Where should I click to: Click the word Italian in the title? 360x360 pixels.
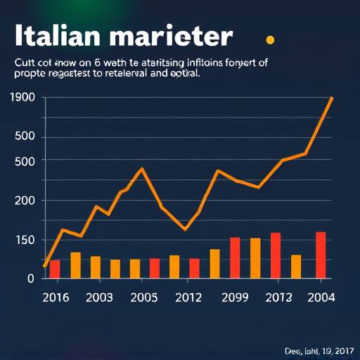(56, 36)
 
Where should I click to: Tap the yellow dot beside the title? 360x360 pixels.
(269, 40)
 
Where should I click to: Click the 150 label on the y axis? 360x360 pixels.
(22, 240)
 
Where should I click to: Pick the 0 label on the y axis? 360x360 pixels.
(31, 278)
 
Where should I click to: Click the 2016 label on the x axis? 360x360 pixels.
(56, 297)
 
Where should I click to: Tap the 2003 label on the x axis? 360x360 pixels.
(99, 297)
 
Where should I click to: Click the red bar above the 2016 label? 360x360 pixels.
(55, 269)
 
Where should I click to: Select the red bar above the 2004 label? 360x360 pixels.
(321, 255)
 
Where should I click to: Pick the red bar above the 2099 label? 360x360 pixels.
(235, 257)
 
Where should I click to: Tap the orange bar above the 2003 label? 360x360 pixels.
(95, 266)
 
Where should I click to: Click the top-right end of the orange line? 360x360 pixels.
(331, 98)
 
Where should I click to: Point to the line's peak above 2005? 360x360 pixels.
(142, 169)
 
